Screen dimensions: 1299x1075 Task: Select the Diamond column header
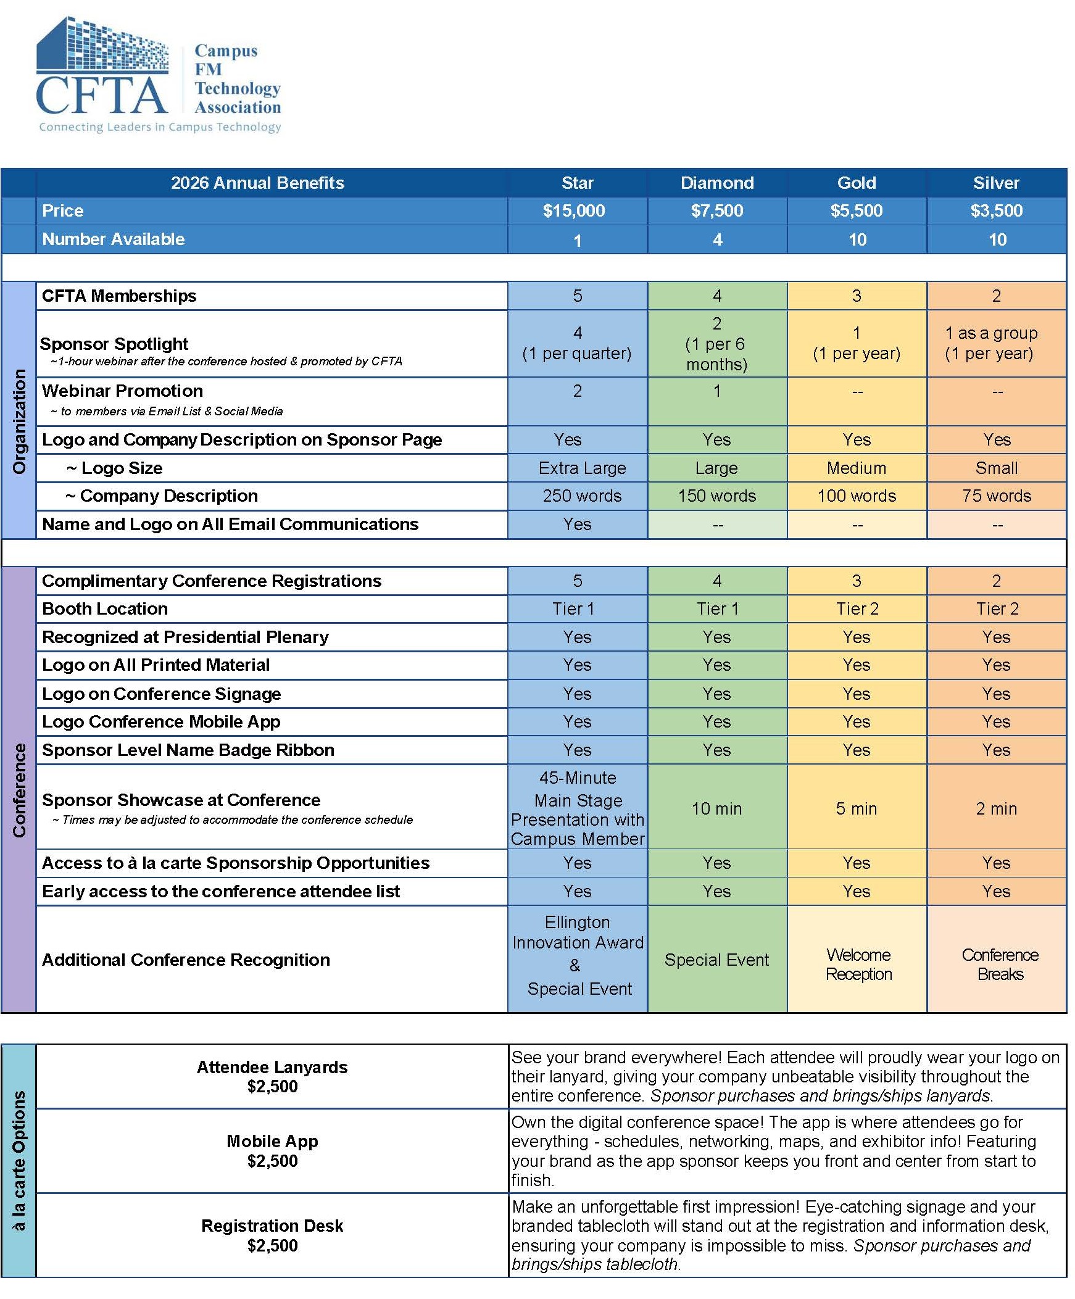[717, 183]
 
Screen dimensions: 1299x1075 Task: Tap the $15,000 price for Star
[574, 211]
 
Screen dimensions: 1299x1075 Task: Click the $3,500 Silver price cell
[996, 211]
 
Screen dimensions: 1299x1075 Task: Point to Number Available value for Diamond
[717, 240]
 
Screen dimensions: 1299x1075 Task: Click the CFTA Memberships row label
[118, 296]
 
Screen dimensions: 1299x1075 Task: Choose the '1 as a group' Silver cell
[990, 343]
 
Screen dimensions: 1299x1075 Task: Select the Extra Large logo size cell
[582, 468]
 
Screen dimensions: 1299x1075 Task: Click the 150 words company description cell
[717, 496]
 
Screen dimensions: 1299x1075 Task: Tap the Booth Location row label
[104, 609]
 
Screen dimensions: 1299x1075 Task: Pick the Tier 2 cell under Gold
[857, 609]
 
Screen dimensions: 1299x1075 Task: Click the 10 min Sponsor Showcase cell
[716, 808]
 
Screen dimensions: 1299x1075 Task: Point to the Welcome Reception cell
[858, 965]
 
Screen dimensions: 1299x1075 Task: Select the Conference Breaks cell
[1000, 965]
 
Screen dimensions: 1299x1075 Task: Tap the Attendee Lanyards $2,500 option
[272, 1077]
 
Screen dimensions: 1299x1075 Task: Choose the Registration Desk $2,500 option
[272, 1235]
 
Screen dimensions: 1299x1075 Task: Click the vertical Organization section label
[19, 421]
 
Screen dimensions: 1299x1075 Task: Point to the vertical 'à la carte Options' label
[19, 1160]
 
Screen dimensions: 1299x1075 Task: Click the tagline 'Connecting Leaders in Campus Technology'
[160, 127]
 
